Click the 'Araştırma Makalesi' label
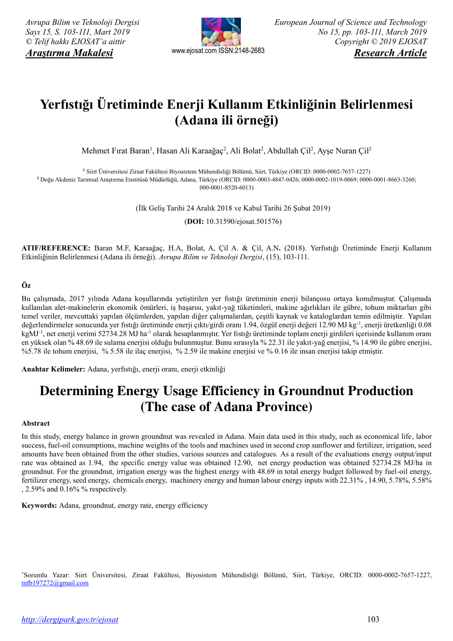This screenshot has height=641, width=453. click(x=69, y=53)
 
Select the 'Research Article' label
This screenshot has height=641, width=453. click(x=390, y=53)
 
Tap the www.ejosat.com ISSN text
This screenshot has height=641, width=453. click(x=218, y=51)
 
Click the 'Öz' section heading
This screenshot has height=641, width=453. click(x=25, y=286)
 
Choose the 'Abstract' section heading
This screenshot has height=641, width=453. click(x=36, y=423)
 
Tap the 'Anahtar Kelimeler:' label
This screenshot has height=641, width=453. click(x=53, y=369)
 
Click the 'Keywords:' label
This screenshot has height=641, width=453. click(x=39, y=505)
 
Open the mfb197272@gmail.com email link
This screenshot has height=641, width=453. click(x=55, y=583)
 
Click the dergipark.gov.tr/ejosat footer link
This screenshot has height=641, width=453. click(x=69, y=619)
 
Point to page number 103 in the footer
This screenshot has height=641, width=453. click(x=373, y=619)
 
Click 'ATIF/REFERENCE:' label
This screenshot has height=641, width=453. click(x=56, y=248)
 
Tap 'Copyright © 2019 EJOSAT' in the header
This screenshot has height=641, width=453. click(x=381, y=42)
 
